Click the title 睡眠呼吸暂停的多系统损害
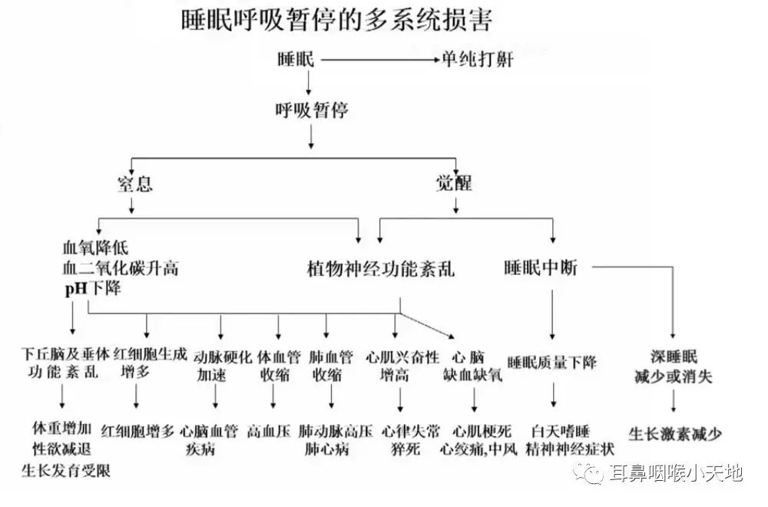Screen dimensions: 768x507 point(336,20)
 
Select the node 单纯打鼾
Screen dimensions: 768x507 point(478,60)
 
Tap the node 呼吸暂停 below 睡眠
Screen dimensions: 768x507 point(312,110)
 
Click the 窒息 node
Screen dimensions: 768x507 point(134,184)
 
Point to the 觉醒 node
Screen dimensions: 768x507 point(454,183)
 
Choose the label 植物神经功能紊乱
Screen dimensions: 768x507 point(381,268)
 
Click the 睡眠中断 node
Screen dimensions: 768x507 point(541,267)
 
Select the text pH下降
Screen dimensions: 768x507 point(93,288)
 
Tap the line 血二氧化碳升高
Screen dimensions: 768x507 point(121,268)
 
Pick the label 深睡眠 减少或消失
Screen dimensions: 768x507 point(674,366)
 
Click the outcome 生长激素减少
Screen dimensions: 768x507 point(675,434)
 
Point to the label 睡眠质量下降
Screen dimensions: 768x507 point(552,363)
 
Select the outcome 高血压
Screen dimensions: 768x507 point(269,432)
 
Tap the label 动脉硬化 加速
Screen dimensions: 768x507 point(222,366)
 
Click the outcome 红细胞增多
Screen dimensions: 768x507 point(137,432)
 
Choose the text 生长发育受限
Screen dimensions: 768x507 point(65,470)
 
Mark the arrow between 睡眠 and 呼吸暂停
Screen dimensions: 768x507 point(309,82)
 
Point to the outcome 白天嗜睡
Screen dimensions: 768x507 point(561,432)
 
